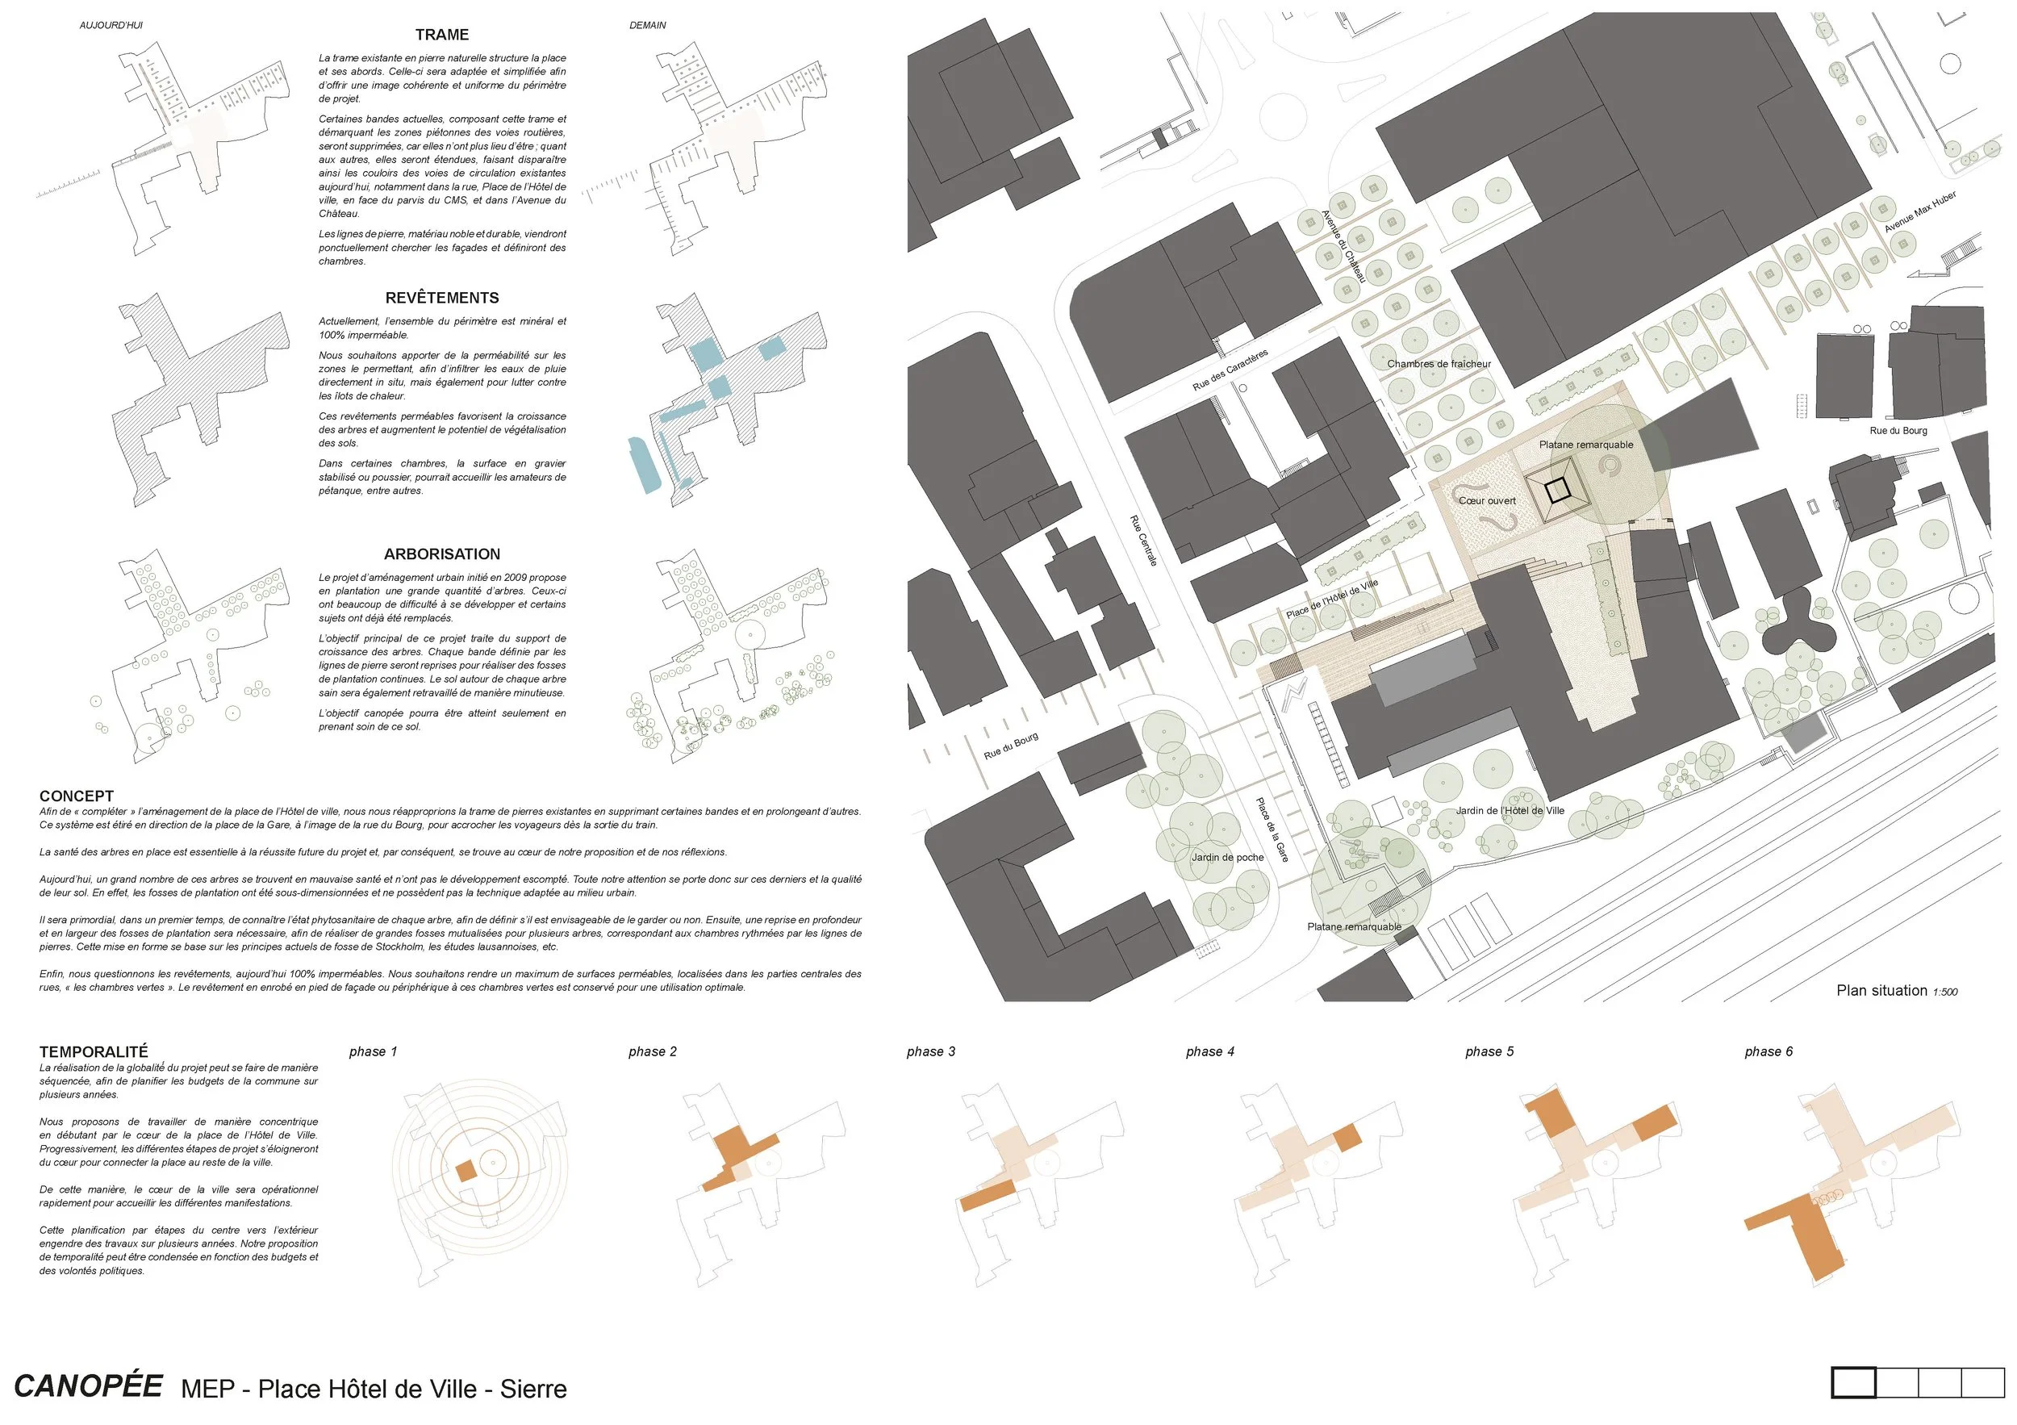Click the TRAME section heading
pos(442,36)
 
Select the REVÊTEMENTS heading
pos(442,298)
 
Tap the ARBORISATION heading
pos(442,554)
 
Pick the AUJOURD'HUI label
pos(111,26)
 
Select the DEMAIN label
pos(647,26)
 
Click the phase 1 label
pos(374,1051)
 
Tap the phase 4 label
pos(1209,1051)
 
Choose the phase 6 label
pos(1769,1051)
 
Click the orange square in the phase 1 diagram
pos(466,1171)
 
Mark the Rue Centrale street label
pos(1143,541)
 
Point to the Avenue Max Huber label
pos(1920,212)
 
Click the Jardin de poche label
pos(1227,858)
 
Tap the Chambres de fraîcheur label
pos(1439,364)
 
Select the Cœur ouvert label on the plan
pos(1487,501)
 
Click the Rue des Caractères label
pos(1230,370)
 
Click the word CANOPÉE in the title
pos(89,1386)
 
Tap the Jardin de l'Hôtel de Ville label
pos(1510,811)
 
